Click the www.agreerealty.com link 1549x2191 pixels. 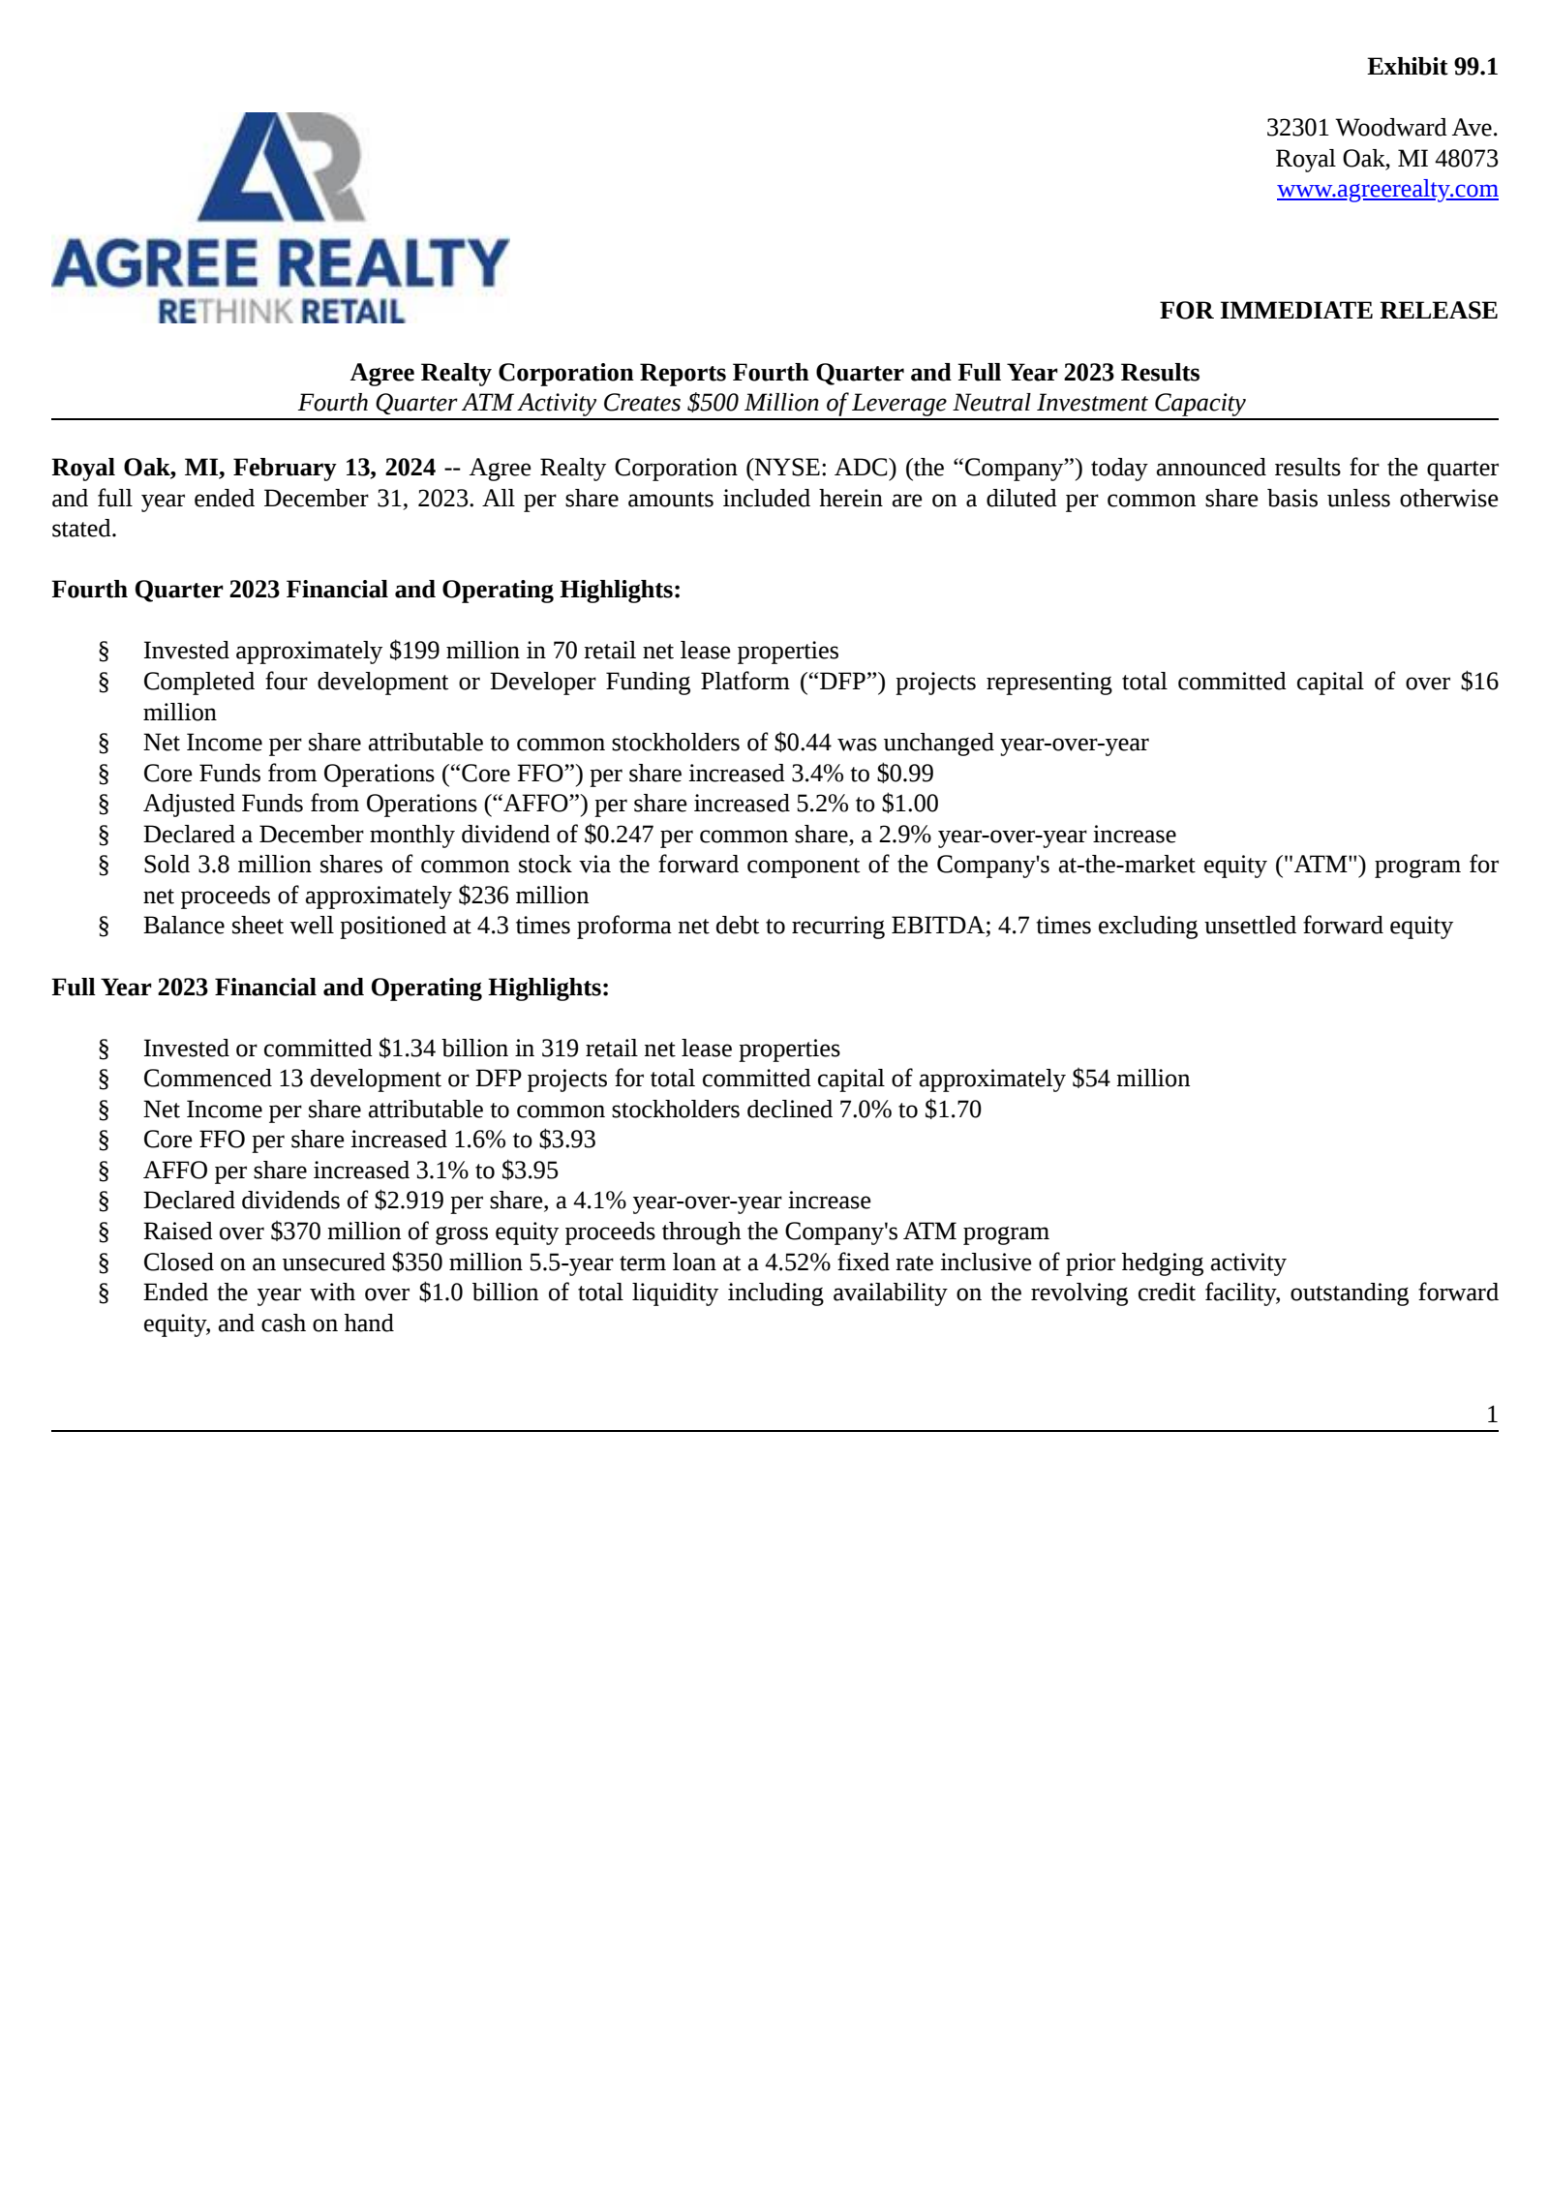click(x=1386, y=189)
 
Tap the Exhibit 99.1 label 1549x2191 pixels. click(x=1432, y=67)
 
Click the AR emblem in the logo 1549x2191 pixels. click(x=281, y=167)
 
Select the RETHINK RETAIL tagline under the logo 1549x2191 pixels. click(x=281, y=312)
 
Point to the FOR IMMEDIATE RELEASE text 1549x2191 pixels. click(x=1328, y=311)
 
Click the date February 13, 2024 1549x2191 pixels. click(x=334, y=468)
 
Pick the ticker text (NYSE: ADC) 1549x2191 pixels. click(x=820, y=468)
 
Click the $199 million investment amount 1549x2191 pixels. click(x=413, y=651)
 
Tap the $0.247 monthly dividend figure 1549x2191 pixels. click(x=619, y=835)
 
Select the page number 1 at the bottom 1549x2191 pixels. click(x=1492, y=1415)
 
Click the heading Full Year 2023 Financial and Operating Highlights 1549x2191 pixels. click(x=330, y=988)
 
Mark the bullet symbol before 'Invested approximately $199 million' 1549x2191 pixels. click(x=104, y=652)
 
